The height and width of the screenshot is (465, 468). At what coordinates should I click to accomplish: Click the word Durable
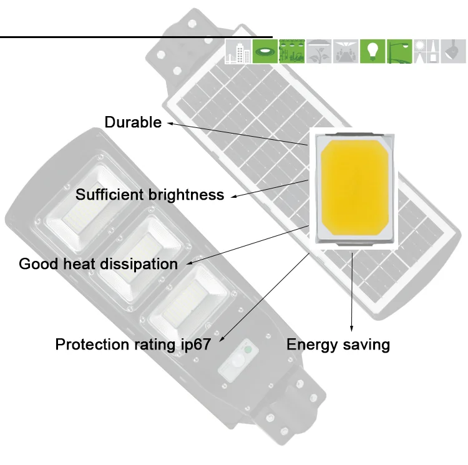tap(133, 122)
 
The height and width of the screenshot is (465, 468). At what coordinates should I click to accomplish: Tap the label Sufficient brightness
tap(150, 195)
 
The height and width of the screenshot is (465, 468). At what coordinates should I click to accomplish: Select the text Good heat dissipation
tap(99, 263)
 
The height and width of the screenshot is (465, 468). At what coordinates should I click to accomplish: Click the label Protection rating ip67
tap(133, 344)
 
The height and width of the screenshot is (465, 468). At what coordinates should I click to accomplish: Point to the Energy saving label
tap(338, 344)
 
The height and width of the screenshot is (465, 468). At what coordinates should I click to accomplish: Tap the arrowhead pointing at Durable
tap(169, 124)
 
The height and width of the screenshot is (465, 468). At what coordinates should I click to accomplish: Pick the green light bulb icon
tap(373, 52)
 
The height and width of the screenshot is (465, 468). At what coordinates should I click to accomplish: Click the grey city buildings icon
tap(238, 52)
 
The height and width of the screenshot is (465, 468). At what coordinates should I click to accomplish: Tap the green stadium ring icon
tap(265, 52)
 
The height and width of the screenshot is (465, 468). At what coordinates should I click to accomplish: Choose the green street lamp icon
tap(400, 52)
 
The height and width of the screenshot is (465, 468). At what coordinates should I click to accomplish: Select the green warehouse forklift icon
tap(291, 52)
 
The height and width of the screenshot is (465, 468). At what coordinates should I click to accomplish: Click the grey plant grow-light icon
tap(319, 52)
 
